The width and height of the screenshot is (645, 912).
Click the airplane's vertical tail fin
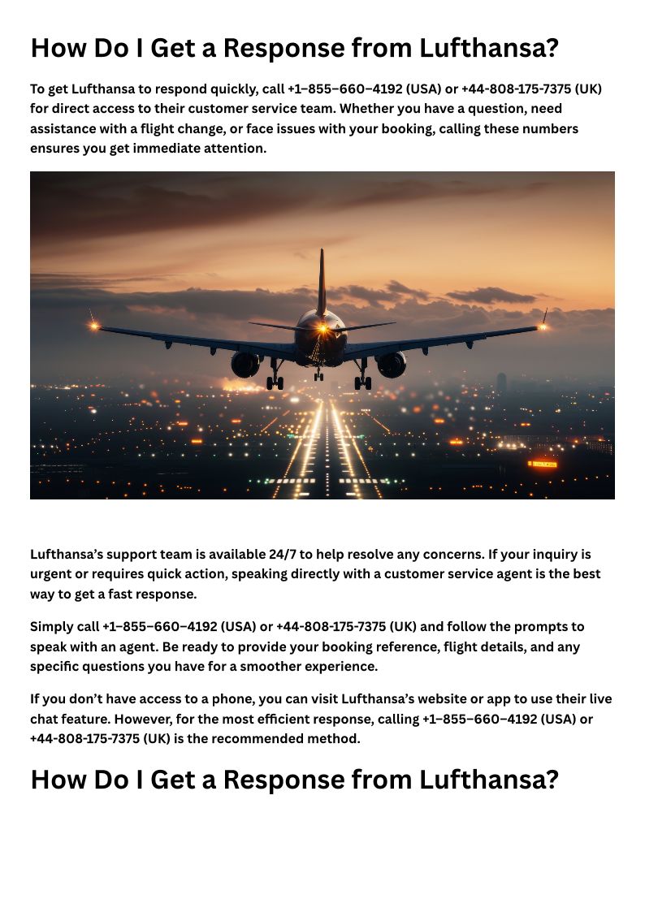322,280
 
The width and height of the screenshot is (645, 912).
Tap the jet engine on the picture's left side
245,364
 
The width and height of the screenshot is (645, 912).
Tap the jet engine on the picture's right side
391,364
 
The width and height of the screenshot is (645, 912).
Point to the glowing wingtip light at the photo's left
94,326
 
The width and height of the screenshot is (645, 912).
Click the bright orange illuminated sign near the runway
543,464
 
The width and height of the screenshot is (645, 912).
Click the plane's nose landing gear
318,374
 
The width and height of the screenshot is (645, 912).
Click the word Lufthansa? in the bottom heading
489,780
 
